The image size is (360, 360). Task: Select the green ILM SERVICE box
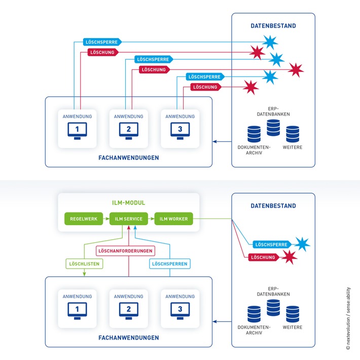[x=129, y=219]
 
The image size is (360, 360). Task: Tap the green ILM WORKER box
[x=173, y=219]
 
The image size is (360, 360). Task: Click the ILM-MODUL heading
[x=128, y=203]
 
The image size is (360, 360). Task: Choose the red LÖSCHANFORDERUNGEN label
[x=125, y=250]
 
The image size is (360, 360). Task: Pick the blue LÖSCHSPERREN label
[x=169, y=264]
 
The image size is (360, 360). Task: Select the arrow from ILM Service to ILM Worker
[x=151, y=219]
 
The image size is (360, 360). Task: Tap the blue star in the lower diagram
[x=303, y=244]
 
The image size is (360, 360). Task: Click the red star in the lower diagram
[x=290, y=257]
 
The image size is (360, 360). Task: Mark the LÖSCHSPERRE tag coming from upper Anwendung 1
[x=102, y=42]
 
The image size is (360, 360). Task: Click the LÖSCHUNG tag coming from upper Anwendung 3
[x=204, y=87]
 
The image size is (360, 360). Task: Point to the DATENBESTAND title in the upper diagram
[x=273, y=25]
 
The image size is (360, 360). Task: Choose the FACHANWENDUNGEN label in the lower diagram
[x=128, y=337]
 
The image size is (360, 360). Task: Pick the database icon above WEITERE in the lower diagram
[x=293, y=313]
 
